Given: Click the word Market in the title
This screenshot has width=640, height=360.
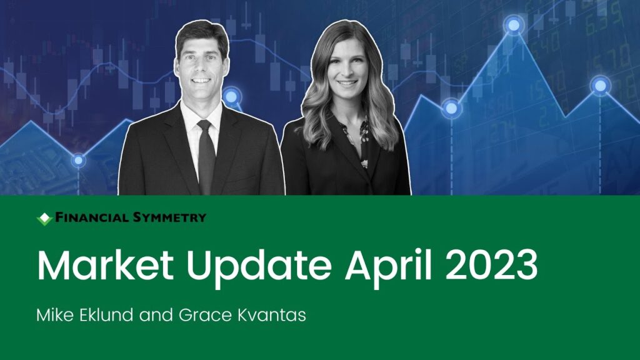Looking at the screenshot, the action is click(x=105, y=265).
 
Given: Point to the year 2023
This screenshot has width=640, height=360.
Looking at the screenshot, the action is click(x=491, y=265).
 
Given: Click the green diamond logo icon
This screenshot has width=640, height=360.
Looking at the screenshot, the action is click(x=44, y=219).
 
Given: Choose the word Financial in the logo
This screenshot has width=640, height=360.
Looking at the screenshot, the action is click(x=92, y=217).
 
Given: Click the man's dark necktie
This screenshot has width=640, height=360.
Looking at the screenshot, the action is click(x=206, y=156).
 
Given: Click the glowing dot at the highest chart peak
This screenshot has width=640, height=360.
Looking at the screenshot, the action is click(x=514, y=25).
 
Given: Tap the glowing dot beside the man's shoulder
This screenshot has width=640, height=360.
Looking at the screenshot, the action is click(x=231, y=97).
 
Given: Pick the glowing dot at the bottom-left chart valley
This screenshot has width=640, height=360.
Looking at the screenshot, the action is click(x=78, y=161).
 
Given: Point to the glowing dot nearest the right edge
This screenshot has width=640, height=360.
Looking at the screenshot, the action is click(x=600, y=86).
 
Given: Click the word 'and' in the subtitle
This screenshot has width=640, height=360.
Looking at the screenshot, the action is click(x=156, y=315).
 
